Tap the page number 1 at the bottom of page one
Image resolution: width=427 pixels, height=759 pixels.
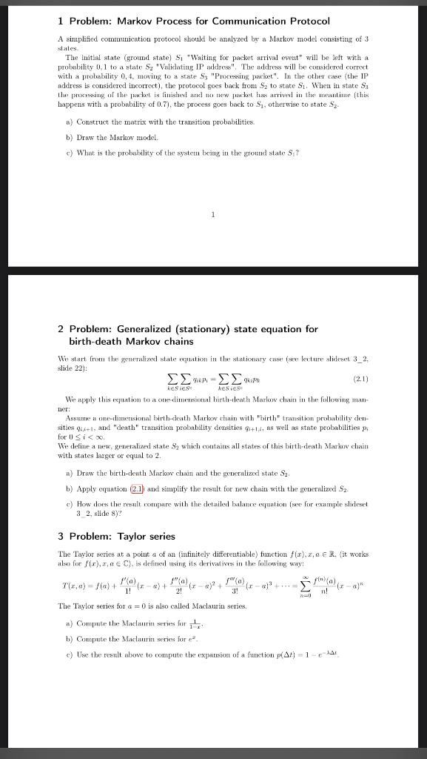tap(212, 216)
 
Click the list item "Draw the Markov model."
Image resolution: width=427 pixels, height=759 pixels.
tap(111, 137)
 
